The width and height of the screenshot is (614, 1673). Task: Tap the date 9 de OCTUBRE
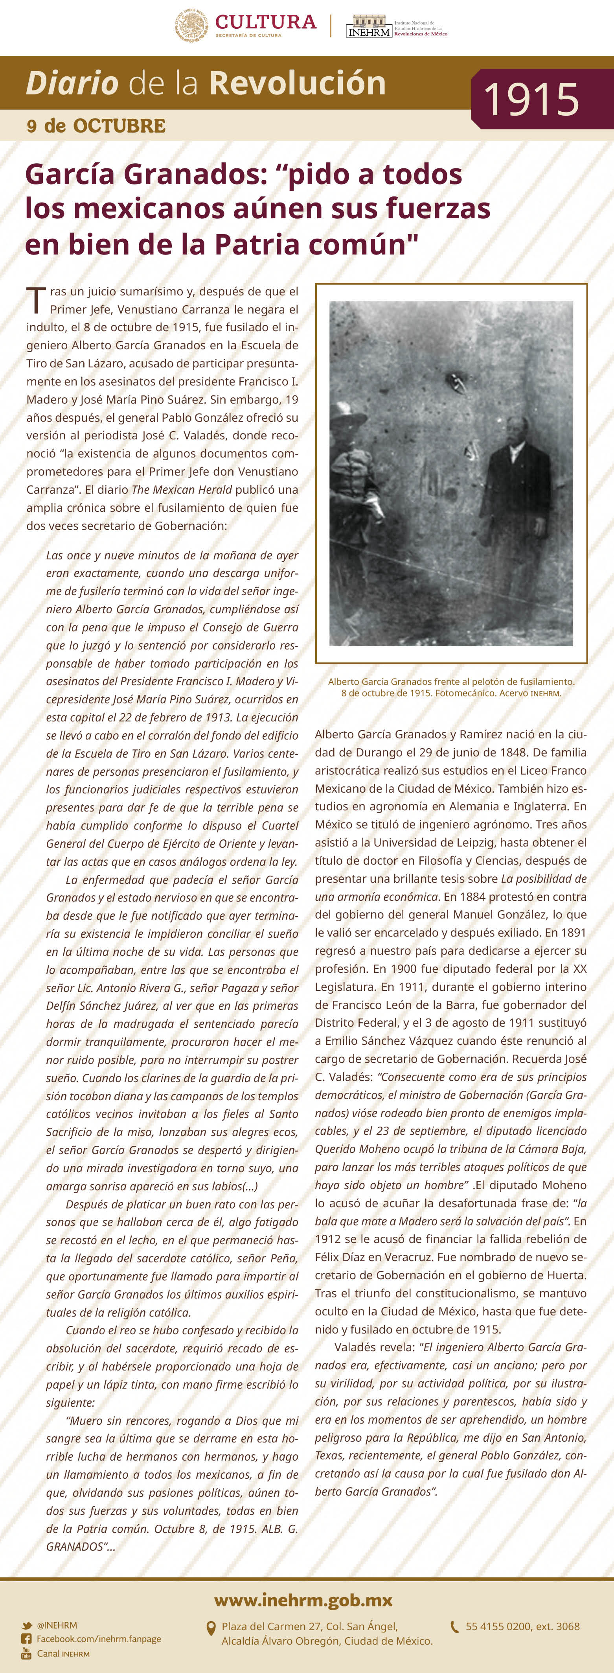click(96, 126)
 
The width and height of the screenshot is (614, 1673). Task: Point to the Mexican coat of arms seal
click(191, 25)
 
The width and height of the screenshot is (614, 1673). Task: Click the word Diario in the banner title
click(72, 84)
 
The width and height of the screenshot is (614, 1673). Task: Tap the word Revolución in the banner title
click(297, 84)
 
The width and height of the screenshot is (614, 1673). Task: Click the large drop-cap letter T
click(36, 301)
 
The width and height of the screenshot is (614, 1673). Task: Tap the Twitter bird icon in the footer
click(27, 1625)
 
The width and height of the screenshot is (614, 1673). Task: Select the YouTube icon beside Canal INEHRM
click(27, 1653)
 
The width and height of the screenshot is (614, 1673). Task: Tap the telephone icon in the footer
click(455, 1627)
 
